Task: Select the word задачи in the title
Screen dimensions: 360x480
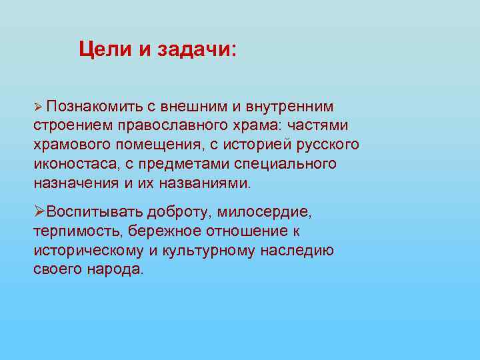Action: pos(196,50)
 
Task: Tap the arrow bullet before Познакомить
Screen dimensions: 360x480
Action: pos(39,107)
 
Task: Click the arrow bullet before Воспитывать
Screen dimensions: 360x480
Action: pos(39,211)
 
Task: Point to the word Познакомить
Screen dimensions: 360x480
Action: pos(93,107)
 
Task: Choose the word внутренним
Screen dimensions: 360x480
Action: pos(290,107)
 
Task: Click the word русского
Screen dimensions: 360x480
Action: pos(328,145)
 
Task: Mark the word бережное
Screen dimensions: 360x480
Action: pos(162,231)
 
